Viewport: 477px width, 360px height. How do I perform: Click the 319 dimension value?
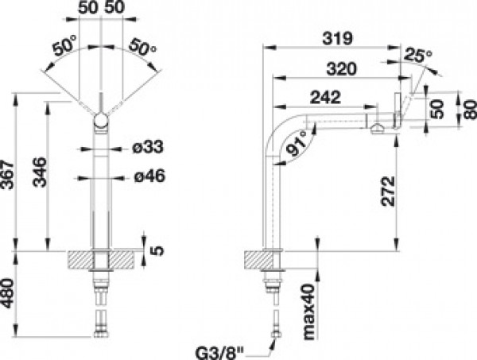(337, 39)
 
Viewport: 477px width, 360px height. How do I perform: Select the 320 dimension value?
(341, 69)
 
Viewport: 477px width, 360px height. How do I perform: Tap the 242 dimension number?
(325, 97)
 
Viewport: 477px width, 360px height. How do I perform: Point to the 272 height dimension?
(388, 191)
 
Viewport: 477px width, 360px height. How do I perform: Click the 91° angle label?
(296, 143)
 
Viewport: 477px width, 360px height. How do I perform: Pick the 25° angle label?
(418, 55)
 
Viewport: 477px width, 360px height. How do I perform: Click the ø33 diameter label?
(148, 147)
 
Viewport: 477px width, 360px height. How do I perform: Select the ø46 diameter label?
(149, 176)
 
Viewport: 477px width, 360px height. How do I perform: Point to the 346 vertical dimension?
(40, 172)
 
